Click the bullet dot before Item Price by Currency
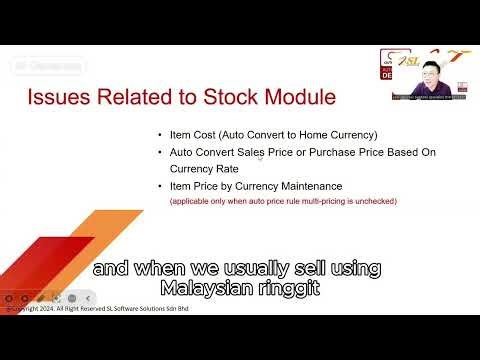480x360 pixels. (160, 186)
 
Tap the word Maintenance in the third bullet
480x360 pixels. (308, 186)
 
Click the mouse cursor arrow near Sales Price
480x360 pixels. (261, 156)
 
